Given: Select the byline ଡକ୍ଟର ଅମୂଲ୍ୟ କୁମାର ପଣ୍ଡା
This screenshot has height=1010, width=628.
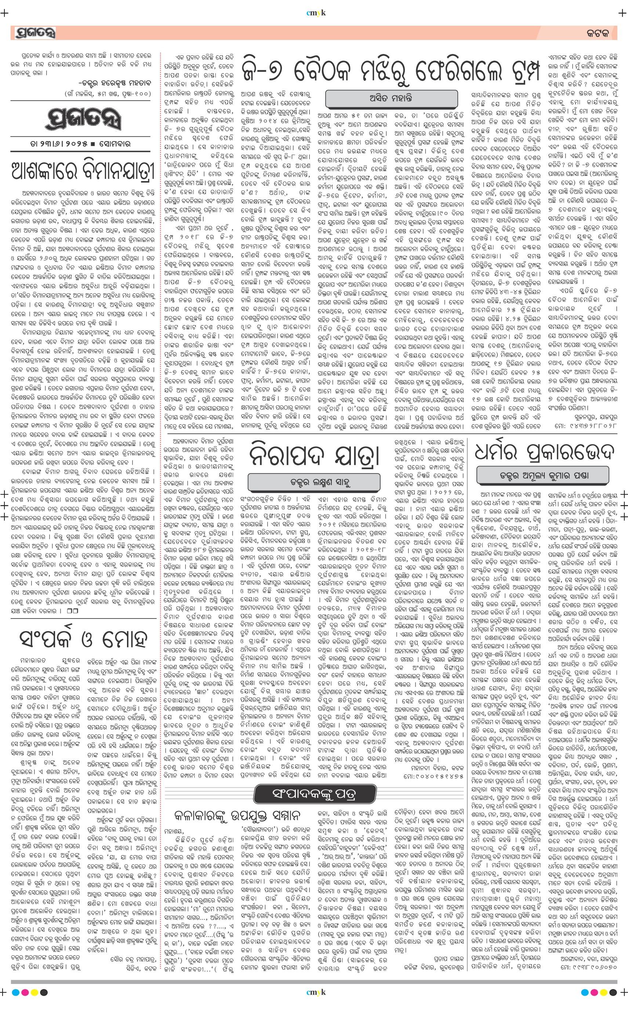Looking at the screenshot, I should point(543,476).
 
